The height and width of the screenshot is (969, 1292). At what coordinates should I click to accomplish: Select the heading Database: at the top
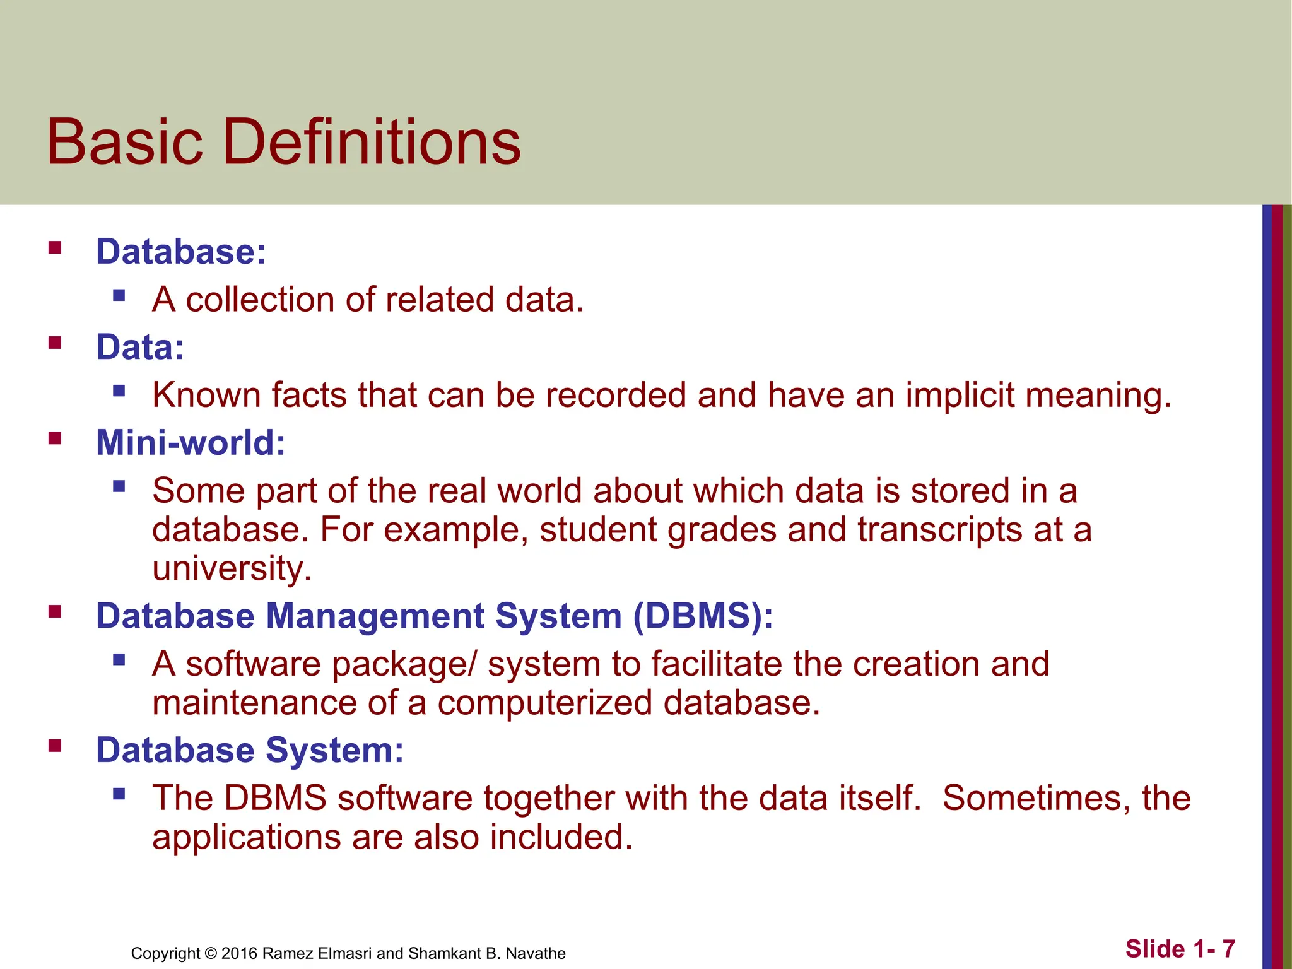181,252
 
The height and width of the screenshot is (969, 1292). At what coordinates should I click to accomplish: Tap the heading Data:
140,347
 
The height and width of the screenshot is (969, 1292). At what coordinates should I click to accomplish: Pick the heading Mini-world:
191,442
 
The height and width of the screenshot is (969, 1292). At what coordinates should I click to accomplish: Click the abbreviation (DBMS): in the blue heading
703,616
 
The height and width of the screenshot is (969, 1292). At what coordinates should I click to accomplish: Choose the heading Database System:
250,750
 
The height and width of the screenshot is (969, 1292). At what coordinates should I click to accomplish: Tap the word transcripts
939,529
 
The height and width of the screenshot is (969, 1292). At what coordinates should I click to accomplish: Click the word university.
232,568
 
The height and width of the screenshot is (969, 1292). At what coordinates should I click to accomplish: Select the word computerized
544,703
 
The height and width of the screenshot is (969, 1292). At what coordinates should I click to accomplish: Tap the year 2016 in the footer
239,953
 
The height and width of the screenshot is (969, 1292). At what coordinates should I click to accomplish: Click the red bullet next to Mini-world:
55,438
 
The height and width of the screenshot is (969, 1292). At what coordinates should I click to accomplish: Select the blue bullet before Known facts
119,391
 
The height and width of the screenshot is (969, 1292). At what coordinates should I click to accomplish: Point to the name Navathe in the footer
536,953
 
